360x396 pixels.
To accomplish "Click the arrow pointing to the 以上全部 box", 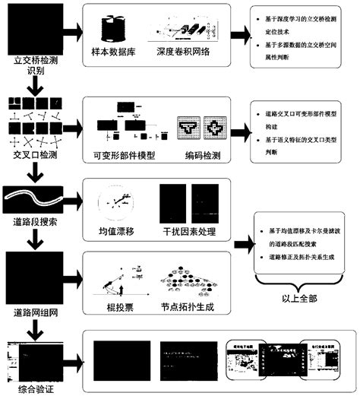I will pos(244,246).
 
